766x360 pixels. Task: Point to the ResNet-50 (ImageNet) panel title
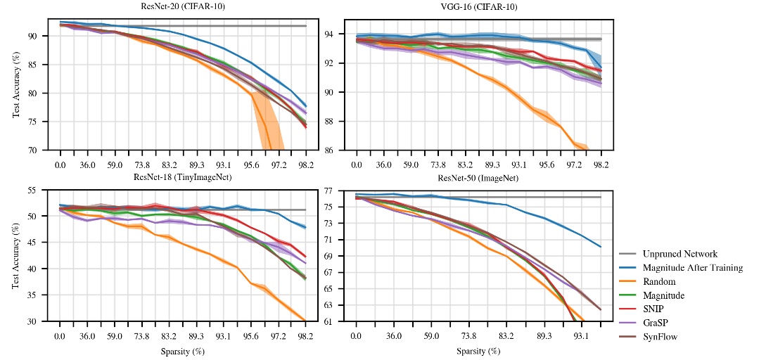pos(478,178)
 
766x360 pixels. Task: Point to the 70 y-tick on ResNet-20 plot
pos(44,150)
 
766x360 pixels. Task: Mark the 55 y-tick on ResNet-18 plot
pos(44,190)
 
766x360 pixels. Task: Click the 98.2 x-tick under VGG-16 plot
pos(601,164)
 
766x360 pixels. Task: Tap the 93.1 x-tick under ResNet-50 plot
pos(580,335)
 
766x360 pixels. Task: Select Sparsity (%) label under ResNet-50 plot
pos(478,349)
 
